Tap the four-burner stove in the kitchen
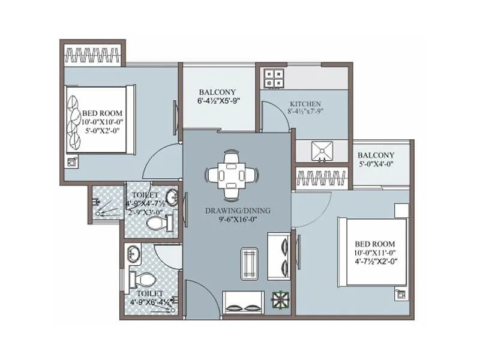pos(275,79)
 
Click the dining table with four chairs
pos(231,175)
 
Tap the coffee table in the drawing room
pos(250,263)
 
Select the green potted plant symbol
pos(278,299)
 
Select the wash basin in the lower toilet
pos(132,255)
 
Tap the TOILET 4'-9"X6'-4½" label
pos(148,298)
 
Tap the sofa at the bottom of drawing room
pos(242,300)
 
